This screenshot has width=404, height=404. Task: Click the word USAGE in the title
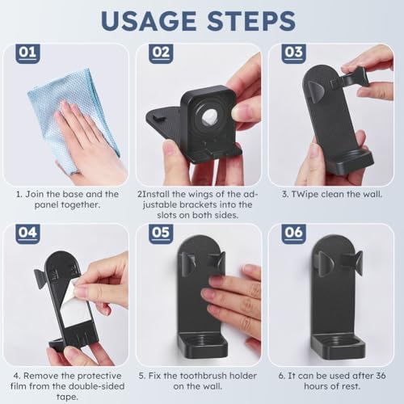point(149,21)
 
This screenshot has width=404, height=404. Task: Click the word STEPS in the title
point(252,21)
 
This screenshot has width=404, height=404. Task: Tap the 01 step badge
point(27,53)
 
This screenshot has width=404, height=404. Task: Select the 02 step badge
point(161,53)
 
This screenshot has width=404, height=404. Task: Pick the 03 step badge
point(293,53)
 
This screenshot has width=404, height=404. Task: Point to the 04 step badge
point(27,234)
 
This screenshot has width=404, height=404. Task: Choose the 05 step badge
point(161,234)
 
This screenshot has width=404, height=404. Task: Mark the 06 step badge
point(293,234)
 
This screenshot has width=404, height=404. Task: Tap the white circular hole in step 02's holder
point(209,117)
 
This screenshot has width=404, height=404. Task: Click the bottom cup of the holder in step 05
point(203,346)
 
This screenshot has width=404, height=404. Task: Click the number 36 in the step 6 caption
point(380,376)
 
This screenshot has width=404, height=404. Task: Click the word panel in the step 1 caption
point(46,204)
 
